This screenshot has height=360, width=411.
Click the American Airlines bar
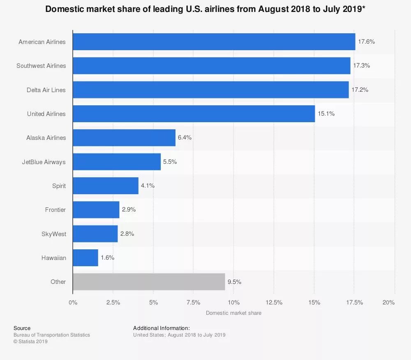point(214,42)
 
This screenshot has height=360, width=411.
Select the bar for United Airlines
point(194,114)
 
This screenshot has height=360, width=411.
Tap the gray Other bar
point(149,282)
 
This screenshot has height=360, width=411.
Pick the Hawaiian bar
point(85,258)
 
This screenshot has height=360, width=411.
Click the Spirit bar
point(106,186)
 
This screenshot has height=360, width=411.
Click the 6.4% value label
point(185,137)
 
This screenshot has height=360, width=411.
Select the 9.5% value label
point(234,282)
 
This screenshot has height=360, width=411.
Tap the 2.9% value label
point(129,209)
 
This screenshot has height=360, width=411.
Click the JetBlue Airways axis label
point(44,162)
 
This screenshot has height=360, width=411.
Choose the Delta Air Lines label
point(46,90)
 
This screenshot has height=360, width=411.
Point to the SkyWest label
point(53,234)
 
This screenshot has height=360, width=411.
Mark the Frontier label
point(55,210)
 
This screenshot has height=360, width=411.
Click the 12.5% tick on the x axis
point(274,302)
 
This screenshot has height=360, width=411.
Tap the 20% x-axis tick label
point(388,302)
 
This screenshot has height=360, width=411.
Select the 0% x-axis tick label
point(73,302)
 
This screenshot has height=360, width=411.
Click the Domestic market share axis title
point(233,313)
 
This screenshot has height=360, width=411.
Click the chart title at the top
point(205,9)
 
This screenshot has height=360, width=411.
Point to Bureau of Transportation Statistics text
point(52,335)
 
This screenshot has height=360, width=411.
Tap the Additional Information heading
point(162,328)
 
